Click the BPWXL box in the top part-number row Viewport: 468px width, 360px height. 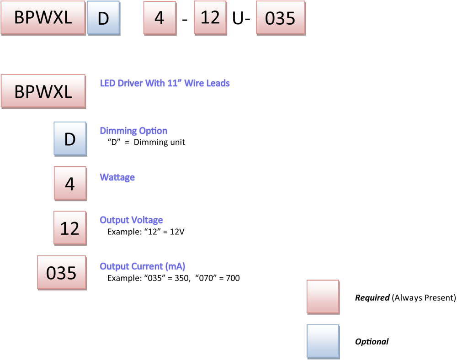[x=43, y=17]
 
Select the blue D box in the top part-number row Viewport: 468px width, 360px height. [x=103, y=18]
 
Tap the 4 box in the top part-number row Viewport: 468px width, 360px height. [x=160, y=18]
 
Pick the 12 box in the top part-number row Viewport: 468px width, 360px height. [x=210, y=17]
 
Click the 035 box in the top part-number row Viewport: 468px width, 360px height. [x=280, y=18]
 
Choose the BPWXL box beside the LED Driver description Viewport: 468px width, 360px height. [x=43, y=91]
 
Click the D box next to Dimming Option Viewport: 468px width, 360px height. [x=70, y=138]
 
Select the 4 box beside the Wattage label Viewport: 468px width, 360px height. [x=70, y=183]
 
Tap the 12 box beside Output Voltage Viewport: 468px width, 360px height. [x=70, y=228]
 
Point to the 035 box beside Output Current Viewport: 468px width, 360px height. [x=62, y=272]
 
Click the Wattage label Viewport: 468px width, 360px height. [x=117, y=177]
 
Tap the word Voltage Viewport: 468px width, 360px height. [x=147, y=220]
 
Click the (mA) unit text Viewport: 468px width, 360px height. [x=175, y=266]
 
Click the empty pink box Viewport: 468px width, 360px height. [x=323, y=296]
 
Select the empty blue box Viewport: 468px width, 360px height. [x=323, y=341]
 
